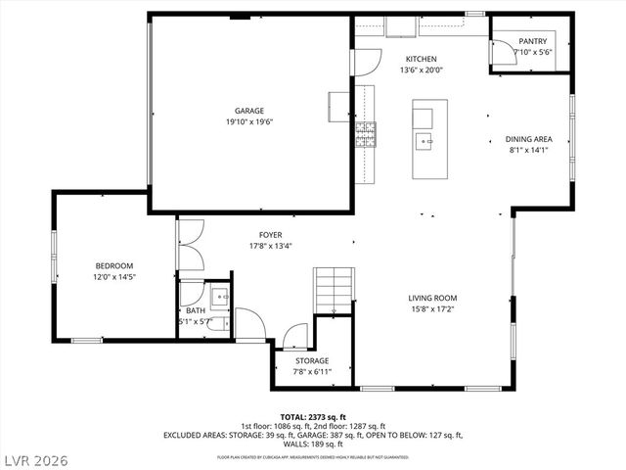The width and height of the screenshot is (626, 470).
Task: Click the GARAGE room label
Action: (x=248, y=111)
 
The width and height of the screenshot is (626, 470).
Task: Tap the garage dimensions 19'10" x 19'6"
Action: (x=248, y=122)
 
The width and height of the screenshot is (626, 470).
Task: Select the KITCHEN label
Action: (x=422, y=59)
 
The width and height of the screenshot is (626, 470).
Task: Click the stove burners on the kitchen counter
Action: (x=365, y=134)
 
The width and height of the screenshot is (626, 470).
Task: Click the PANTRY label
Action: (x=532, y=41)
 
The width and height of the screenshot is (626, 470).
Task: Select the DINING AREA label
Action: (x=528, y=139)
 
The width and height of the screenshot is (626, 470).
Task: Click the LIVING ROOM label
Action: (x=432, y=298)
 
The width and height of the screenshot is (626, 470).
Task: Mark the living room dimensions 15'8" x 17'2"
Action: (x=432, y=309)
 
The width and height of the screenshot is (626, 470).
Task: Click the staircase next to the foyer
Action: (x=332, y=290)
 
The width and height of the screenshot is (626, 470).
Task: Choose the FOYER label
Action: (x=270, y=235)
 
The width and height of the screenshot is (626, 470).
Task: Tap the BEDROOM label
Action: (x=113, y=266)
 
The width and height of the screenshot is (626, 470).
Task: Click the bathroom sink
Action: (x=219, y=296)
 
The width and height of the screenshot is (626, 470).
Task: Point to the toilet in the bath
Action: (x=217, y=324)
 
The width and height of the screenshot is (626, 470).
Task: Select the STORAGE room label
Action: (x=312, y=360)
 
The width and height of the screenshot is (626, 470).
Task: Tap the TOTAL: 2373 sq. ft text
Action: (x=312, y=417)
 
